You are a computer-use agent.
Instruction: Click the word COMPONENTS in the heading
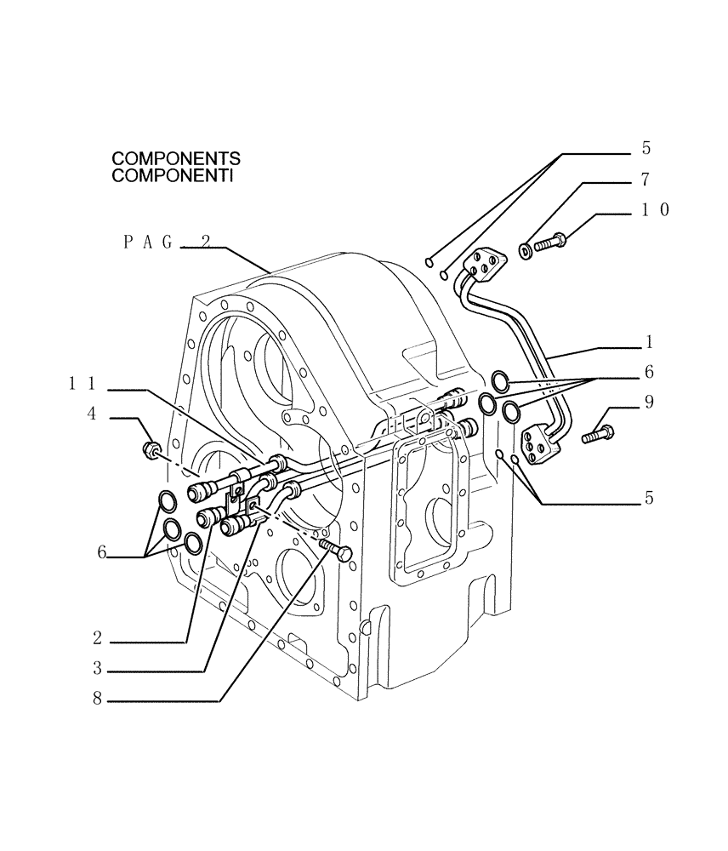pyautogui.click(x=176, y=159)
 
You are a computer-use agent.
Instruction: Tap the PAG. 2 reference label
pyautogui.click(x=167, y=242)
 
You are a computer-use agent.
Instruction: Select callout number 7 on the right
pyautogui.click(x=646, y=180)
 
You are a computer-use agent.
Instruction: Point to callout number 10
pyautogui.click(x=655, y=209)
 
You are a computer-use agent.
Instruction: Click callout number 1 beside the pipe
pyautogui.click(x=649, y=342)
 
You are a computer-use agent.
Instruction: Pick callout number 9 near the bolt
pyautogui.click(x=649, y=402)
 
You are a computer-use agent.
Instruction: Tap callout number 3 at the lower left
pyautogui.click(x=98, y=668)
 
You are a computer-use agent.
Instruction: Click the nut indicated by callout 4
pyautogui.click(x=151, y=448)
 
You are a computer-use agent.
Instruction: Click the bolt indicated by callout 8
pyautogui.click(x=334, y=548)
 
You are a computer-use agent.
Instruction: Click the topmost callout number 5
pyautogui.click(x=646, y=148)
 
